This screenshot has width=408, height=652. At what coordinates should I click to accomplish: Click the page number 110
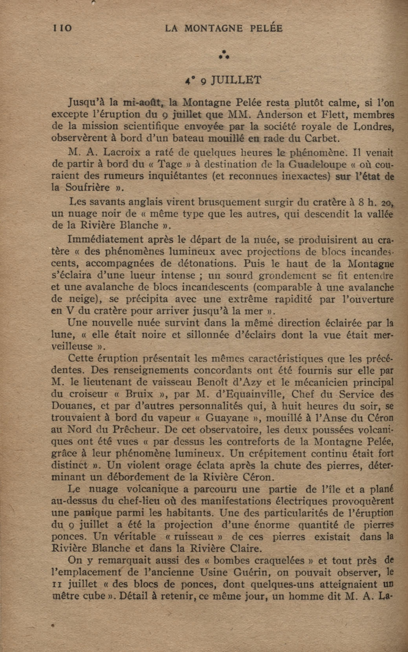click(x=62, y=28)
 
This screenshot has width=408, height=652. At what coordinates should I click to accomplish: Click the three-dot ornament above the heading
click(x=224, y=55)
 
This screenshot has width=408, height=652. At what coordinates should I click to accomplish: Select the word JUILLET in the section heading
click(x=236, y=80)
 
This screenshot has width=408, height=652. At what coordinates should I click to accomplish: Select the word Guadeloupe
click(x=315, y=164)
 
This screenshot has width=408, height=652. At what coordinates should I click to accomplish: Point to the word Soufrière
click(x=88, y=187)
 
